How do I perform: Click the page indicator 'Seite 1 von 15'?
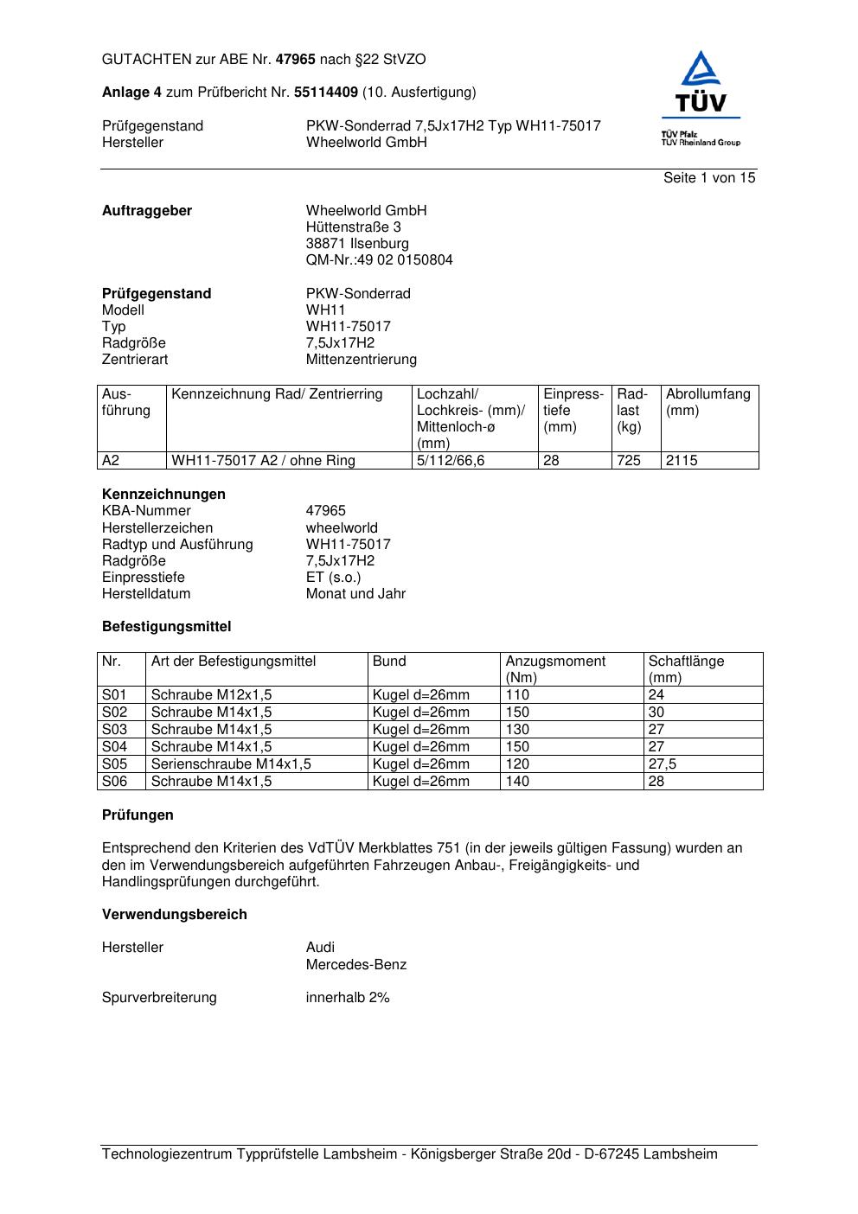pyautogui.click(x=709, y=178)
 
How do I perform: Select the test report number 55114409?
pyautogui.click(x=326, y=93)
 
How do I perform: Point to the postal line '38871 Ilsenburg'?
pyautogui.click(x=357, y=244)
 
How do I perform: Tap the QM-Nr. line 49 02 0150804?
pyautogui.click(x=379, y=260)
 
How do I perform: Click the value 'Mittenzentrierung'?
pyautogui.click(x=361, y=360)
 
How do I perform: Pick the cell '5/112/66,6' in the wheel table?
pyautogui.click(x=451, y=461)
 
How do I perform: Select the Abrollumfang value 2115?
pyautogui.click(x=682, y=461)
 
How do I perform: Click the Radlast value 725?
pyautogui.click(x=629, y=461)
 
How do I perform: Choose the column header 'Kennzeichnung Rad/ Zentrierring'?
pyautogui.click(x=277, y=394)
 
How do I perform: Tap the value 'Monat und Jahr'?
pyautogui.click(x=355, y=594)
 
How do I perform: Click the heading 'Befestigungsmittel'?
pyautogui.click(x=166, y=627)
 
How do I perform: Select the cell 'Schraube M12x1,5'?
pyautogui.click(x=211, y=695)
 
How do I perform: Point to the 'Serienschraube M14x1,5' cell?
pyautogui.click(x=231, y=764)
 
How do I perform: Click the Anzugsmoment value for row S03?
pyautogui.click(x=517, y=730)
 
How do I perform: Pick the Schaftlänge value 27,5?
pyautogui.click(x=663, y=764)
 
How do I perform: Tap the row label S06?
pyautogui.click(x=114, y=782)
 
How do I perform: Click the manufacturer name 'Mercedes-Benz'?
pyautogui.click(x=355, y=965)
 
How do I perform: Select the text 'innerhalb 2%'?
pyautogui.click(x=348, y=998)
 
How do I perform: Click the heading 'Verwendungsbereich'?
pyautogui.click(x=174, y=915)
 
